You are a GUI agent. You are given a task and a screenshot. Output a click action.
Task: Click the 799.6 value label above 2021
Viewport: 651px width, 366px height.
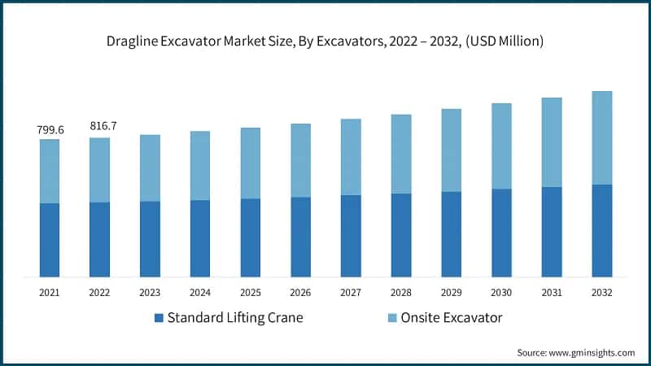pos(50,129)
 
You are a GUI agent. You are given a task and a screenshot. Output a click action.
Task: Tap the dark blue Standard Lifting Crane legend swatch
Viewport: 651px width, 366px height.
pos(159,317)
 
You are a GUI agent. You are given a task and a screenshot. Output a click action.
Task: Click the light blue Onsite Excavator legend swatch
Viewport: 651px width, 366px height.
pos(392,317)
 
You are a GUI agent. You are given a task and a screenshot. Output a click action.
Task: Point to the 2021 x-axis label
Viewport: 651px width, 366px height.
pos(50,291)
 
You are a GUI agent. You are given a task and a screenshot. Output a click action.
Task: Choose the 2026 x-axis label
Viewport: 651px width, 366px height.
pos(301,291)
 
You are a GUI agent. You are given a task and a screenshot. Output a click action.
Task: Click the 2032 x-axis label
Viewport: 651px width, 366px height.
pos(602,291)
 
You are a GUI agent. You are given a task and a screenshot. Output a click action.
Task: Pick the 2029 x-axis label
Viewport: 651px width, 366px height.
pos(452,291)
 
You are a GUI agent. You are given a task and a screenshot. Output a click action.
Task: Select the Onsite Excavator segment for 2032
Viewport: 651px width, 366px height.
pos(602,137)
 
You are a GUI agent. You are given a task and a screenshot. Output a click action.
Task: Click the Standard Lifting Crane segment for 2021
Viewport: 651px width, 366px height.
pos(50,240)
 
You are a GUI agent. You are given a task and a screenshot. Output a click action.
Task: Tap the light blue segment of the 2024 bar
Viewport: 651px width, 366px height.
pos(200,165)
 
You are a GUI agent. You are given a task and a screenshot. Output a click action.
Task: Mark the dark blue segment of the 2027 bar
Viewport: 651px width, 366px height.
pos(351,236)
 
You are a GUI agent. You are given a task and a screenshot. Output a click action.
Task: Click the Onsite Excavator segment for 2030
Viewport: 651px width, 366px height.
pos(501,146)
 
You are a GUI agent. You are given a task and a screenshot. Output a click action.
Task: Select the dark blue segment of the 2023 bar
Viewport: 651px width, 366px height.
pos(150,239)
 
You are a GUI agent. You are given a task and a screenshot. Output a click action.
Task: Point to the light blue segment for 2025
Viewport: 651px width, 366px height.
pos(251,163)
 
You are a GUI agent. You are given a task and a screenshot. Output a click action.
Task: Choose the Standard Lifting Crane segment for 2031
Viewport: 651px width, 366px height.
pos(552,232)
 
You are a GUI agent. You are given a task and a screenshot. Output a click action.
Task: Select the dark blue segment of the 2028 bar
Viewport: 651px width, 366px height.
pos(401,235)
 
